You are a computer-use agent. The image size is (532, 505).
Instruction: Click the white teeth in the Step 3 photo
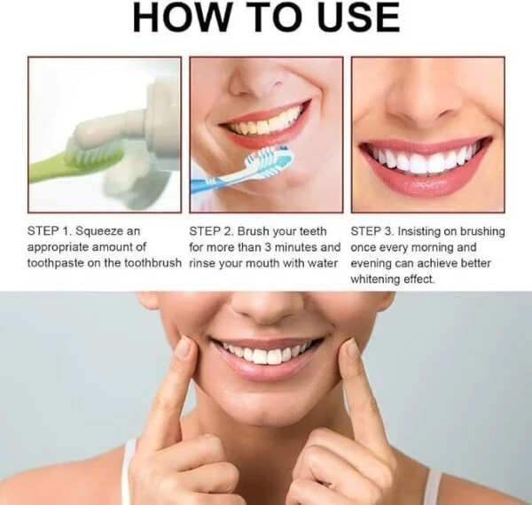(x=424, y=159)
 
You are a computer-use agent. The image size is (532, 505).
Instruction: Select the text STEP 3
(x=372, y=231)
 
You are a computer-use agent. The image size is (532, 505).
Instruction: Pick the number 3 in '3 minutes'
(x=268, y=247)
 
